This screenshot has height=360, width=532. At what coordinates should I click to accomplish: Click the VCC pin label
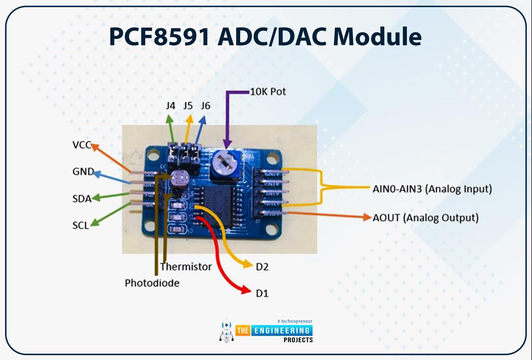coord(82,145)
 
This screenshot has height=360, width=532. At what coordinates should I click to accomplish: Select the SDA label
coord(82,198)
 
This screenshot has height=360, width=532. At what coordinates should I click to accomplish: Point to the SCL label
coord(81,225)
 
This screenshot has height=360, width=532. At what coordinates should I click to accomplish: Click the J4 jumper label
coord(170,106)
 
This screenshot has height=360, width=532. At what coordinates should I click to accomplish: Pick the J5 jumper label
coord(188,106)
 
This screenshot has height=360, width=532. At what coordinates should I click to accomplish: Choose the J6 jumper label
coord(206,106)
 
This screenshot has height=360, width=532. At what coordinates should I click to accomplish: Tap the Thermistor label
coord(186,266)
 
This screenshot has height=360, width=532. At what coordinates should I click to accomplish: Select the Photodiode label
coord(152,283)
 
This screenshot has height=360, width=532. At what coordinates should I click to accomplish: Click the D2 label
coord(261,267)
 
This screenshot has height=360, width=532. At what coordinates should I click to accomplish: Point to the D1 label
coord(262,294)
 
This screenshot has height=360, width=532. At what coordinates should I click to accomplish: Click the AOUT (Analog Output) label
coord(425,218)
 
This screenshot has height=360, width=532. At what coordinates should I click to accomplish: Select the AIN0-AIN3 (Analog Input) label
coord(432,189)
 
